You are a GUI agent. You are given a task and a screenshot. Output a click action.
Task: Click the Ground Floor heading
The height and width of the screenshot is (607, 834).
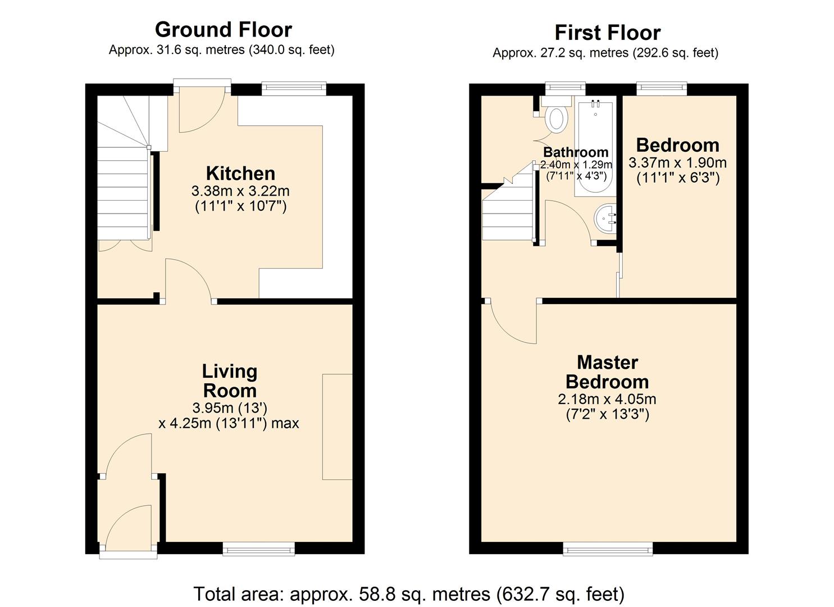coord(223,29)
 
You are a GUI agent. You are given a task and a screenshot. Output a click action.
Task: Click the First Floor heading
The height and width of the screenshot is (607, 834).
coord(607,33)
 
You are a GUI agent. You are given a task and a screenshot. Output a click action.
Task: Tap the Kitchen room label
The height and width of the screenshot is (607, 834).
coord(240,173)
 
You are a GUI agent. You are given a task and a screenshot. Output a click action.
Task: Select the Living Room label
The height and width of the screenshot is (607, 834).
coord(230,380)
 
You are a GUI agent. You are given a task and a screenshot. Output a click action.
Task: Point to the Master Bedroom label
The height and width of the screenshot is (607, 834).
coord(607,372)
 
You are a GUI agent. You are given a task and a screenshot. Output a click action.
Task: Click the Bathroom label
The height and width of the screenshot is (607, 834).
coord(576,152)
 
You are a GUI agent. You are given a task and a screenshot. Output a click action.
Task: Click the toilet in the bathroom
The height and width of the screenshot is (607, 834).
coord(556,118)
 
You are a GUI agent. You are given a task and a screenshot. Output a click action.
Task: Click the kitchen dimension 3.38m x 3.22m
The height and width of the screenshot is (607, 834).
coord(240,191)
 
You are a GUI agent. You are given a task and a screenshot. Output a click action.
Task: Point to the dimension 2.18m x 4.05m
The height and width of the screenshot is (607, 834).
coord(607,400)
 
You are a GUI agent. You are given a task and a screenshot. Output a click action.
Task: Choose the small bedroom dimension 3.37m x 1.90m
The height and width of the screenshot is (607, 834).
coord(677,163)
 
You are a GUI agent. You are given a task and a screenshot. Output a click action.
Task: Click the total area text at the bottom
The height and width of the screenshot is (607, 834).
coord(409,594)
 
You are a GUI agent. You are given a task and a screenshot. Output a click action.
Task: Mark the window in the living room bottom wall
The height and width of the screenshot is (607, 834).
coord(258,549)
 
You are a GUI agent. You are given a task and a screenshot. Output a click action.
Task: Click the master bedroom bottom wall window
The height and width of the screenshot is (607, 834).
coord(608,549)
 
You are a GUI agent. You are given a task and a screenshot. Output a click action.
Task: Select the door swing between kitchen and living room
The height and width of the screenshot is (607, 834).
coord(188,281)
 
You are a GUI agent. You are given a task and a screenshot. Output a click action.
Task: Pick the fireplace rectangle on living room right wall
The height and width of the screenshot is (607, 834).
coord(337,427)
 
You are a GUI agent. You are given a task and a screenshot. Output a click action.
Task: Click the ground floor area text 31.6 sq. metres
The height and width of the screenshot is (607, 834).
coord(221,50)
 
